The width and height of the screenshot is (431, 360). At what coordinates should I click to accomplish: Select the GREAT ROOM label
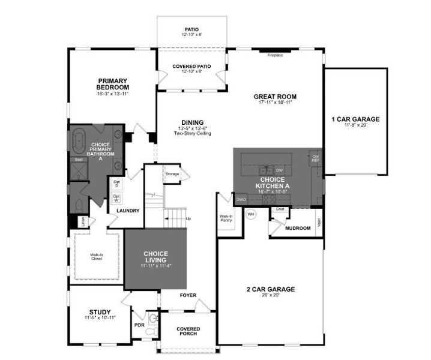[x=275, y=96]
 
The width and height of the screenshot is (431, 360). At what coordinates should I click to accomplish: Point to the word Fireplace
[x=276, y=55]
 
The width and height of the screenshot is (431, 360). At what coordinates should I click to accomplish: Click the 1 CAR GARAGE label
[x=355, y=119]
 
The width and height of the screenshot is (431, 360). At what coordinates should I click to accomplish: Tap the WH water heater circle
[x=252, y=214]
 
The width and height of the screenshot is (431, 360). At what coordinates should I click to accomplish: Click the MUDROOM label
[x=298, y=228]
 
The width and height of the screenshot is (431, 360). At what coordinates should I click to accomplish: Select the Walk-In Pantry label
[x=226, y=219]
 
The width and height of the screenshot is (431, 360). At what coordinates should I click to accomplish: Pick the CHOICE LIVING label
[x=155, y=257]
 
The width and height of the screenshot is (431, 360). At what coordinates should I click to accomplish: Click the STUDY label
[x=100, y=311]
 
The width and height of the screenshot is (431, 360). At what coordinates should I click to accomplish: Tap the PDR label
[x=139, y=325]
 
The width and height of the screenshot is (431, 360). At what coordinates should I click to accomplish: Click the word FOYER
[x=188, y=295]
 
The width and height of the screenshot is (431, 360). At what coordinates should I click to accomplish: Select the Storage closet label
[x=172, y=174]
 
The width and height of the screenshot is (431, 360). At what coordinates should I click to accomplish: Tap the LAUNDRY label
[x=128, y=211]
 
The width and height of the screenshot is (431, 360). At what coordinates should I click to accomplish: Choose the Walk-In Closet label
[x=97, y=257]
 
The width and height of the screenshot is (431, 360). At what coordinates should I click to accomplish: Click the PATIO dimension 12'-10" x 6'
[x=192, y=35]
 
